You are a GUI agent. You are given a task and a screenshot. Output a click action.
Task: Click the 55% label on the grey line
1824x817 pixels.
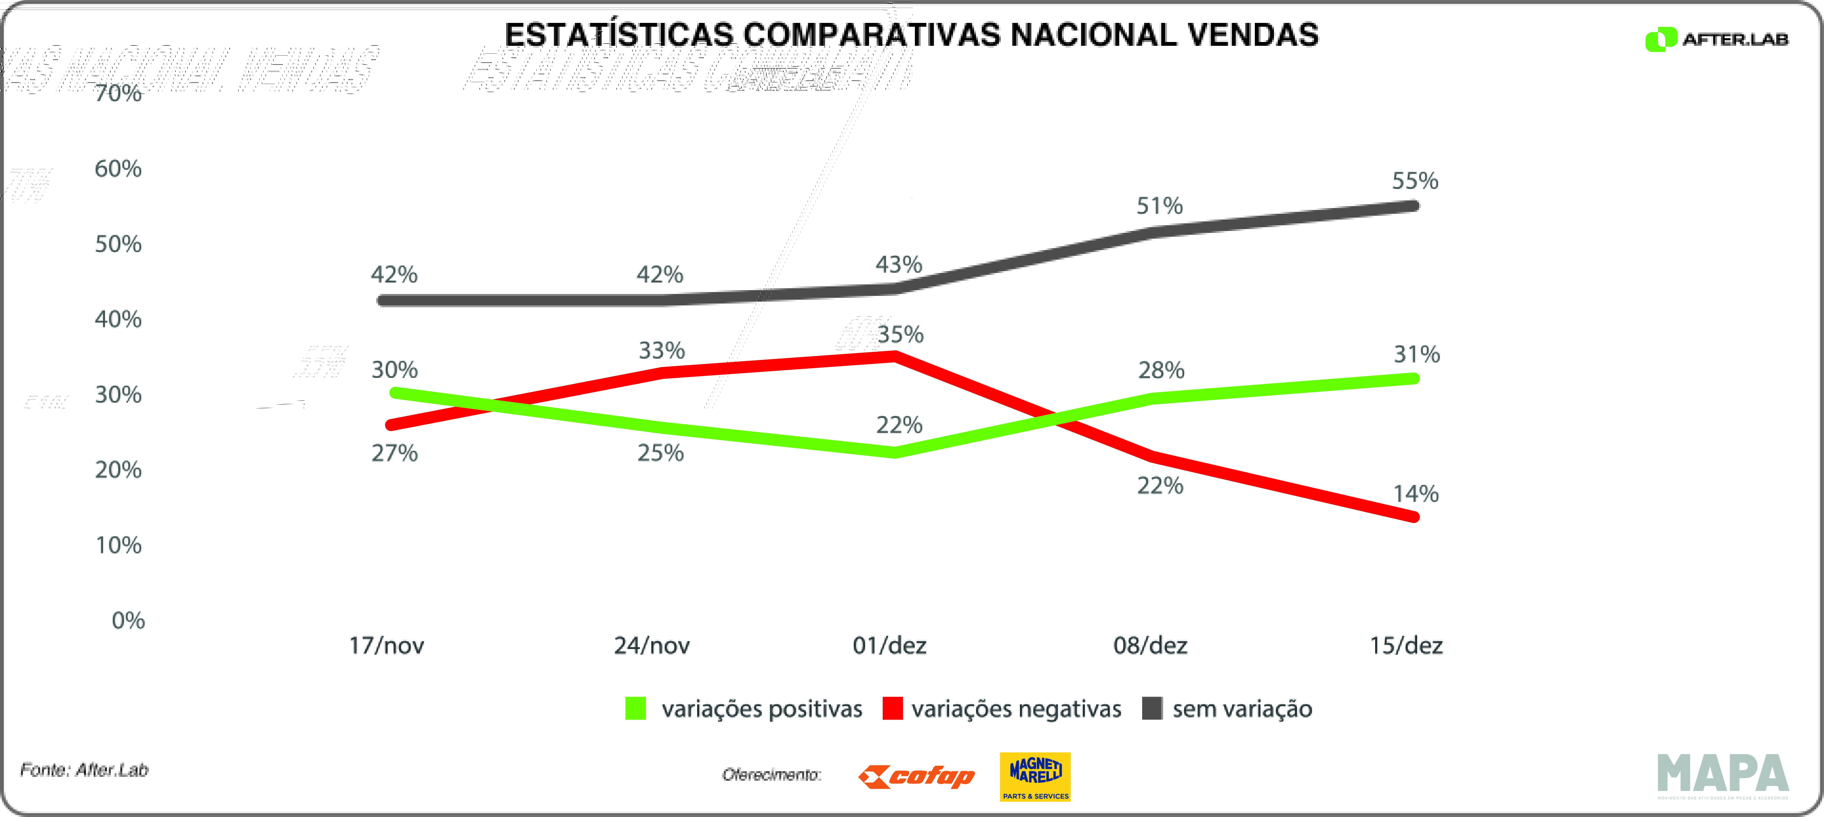pos(1415,181)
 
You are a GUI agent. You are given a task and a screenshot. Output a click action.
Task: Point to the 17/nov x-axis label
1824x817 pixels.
pos(387,646)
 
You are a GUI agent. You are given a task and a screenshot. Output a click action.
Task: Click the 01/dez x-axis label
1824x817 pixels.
pos(889,646)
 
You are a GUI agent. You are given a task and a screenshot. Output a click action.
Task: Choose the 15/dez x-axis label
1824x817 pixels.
pos(1405,646)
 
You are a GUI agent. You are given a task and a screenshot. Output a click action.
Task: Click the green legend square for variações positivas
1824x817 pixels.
pos(635,709)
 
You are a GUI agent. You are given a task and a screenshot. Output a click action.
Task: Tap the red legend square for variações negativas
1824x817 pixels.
pos(892,709)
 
